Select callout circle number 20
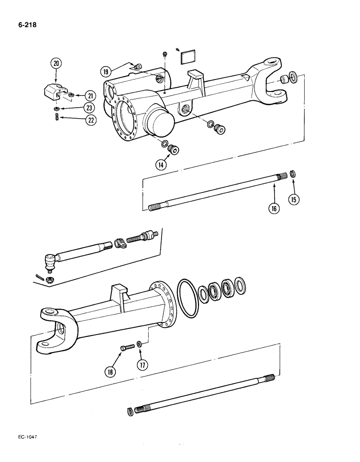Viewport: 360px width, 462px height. pos(56,64)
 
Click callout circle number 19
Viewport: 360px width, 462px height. pos(107,71)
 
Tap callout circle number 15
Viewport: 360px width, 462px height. pos(294,199)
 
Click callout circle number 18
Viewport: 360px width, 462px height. pos(111,371)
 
